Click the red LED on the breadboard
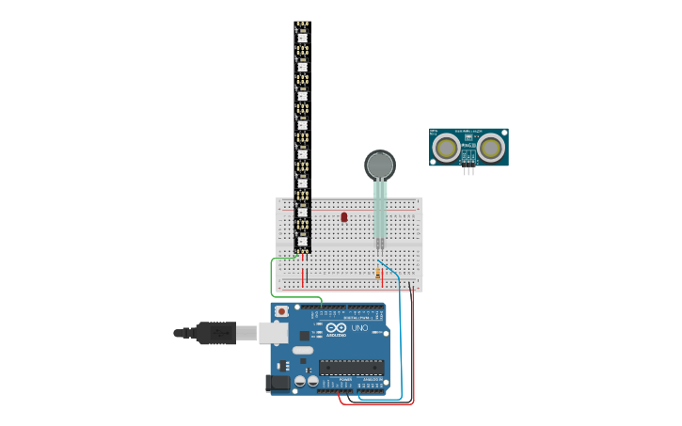[x=344, y=217]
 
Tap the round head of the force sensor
[x=379, y=166]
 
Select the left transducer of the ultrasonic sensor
[x=446, y=148]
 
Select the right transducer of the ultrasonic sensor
[x=490, y=148]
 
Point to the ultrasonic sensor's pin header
[x=468, y=170]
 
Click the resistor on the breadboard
[x=378, y=274]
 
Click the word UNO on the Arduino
[x=358, y=328]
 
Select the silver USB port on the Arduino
[x=274, y=332]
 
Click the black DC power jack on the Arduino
[x=278, y=382]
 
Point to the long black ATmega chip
[x=351, y=368]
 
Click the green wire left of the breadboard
[x=273, y=277]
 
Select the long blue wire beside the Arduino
[x=401, y=339]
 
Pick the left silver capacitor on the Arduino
[x=300, y=381]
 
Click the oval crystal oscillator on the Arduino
[x=303, y=350]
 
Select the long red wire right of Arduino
[x=413, y=348]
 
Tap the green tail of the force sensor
[x=380, y=209]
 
